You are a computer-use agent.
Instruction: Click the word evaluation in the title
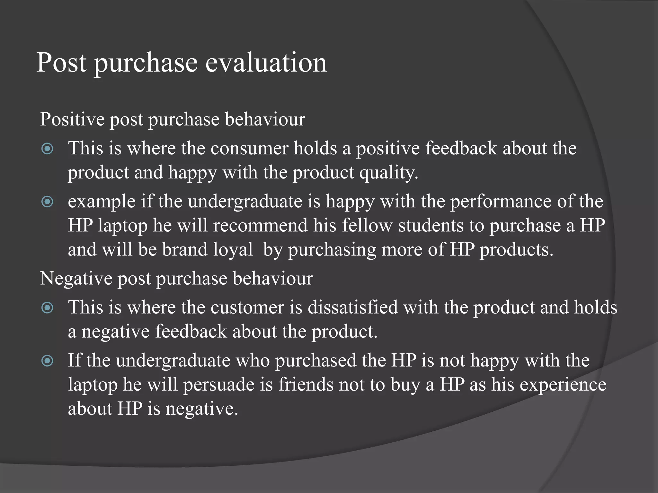point(266,62)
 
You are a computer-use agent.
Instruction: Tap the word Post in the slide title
point(61,62)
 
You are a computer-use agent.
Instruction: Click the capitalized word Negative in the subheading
point(76,278)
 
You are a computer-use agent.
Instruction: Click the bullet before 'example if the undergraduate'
point(48,202)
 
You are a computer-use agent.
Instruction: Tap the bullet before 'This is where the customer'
point(48,308)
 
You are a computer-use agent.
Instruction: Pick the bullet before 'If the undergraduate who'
point(48,361)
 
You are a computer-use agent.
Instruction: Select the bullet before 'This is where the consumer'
point(48,149)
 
